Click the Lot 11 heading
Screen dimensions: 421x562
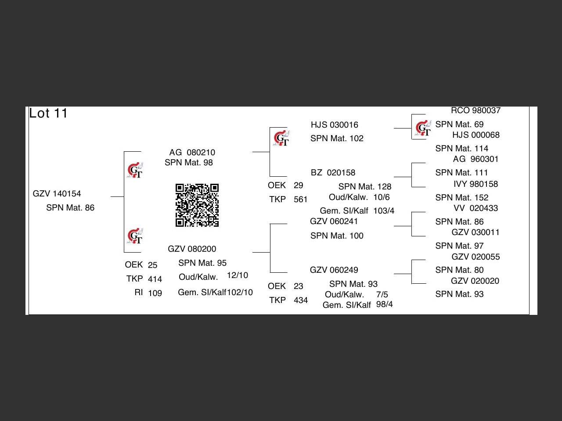[48, 114]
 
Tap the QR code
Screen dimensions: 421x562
[197, 205]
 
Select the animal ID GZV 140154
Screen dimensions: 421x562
[57, 194]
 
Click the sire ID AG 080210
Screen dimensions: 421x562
[192, 153]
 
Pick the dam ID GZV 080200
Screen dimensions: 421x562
[192, 249]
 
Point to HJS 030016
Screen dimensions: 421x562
[334, 125]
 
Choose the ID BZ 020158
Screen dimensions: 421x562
[333, 173]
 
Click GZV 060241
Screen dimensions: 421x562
[334, 221]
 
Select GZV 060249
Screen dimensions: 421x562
[334, 270]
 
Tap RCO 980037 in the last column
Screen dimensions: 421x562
[476, 111]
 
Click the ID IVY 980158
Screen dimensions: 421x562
[476, 184]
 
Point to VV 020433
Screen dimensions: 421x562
[476, 208]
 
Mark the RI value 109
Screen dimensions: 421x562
[155, 293]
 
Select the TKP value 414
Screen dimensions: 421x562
[155, 279]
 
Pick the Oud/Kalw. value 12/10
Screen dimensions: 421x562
[238, 275]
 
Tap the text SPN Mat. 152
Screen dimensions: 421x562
[461, 198]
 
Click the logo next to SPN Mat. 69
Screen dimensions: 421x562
[423, 128]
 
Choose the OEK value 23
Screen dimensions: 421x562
[299, 286]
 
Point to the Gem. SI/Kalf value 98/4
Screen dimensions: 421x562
[385, 304]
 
